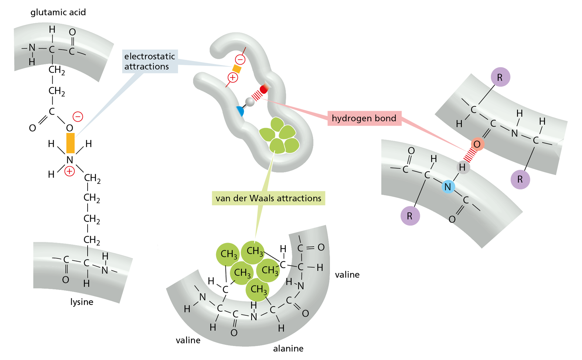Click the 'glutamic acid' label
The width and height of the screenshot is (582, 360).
58,12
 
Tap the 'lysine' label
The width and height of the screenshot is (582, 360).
82,302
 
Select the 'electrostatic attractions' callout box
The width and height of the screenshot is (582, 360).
150,61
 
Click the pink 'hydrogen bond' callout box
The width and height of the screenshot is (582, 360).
364,119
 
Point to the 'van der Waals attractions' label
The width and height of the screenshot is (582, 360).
268,198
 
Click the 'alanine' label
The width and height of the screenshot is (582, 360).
288,348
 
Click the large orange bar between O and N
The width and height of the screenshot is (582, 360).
70,143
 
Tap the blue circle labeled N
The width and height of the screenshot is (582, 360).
448,187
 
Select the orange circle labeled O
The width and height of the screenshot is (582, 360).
477,144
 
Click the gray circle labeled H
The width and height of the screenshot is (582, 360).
462,168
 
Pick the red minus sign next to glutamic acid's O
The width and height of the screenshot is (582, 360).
78,117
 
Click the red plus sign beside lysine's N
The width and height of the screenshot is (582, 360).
69,171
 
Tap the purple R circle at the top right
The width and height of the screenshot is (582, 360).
500,78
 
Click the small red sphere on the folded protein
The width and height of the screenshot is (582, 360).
264,89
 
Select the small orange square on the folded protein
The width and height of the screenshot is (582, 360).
236,69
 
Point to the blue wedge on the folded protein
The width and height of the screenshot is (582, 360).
241,111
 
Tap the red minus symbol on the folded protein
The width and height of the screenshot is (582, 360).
240,59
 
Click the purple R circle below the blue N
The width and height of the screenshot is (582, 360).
410,216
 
